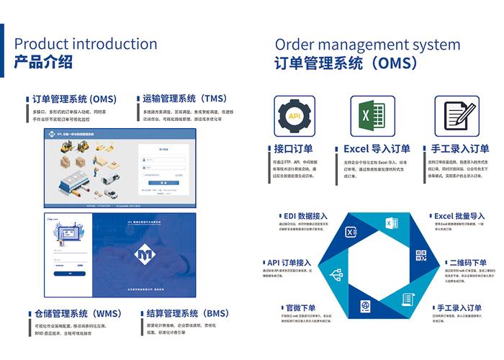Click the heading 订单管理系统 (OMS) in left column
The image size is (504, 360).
click(74, 99)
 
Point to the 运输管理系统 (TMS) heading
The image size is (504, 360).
click(184, 99)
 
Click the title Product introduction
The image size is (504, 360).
click(86, 44)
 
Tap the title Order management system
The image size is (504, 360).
click(367, 44)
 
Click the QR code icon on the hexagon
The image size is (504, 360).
click(421, 256)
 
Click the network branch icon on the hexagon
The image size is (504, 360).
click(335, 274)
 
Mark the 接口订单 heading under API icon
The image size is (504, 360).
click(293, 149)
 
